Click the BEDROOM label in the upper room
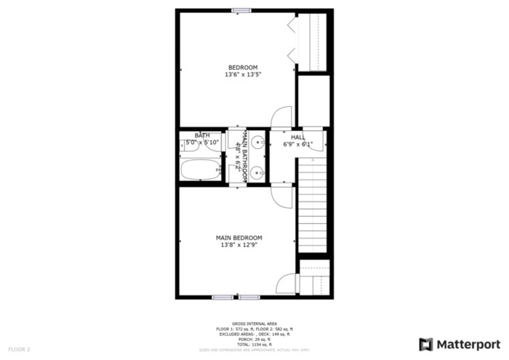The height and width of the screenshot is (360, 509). click(x=243, y=68)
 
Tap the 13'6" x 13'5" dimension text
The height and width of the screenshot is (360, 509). click(x=243, y=74)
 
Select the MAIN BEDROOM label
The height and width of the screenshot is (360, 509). click(x=239, y=238)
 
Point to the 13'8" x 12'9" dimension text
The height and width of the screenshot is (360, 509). click(x=239, y=245)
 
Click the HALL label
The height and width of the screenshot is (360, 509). click(x=298, y=137)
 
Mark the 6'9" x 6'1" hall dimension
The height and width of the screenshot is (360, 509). click(x=298, y=144)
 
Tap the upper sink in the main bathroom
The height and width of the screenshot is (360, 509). click(x=258, y=143)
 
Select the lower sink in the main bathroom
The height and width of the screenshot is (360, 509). click(x=258, y=172)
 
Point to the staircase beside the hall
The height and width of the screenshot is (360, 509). click(x=310, y=207)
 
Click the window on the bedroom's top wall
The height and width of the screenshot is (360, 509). click(x=241, y=10)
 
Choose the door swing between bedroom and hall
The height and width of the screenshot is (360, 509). click(x=282, y=116)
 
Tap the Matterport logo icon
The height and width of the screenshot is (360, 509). click(x=426, y=343)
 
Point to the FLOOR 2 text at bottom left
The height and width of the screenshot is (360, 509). click(x=19, y=350)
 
